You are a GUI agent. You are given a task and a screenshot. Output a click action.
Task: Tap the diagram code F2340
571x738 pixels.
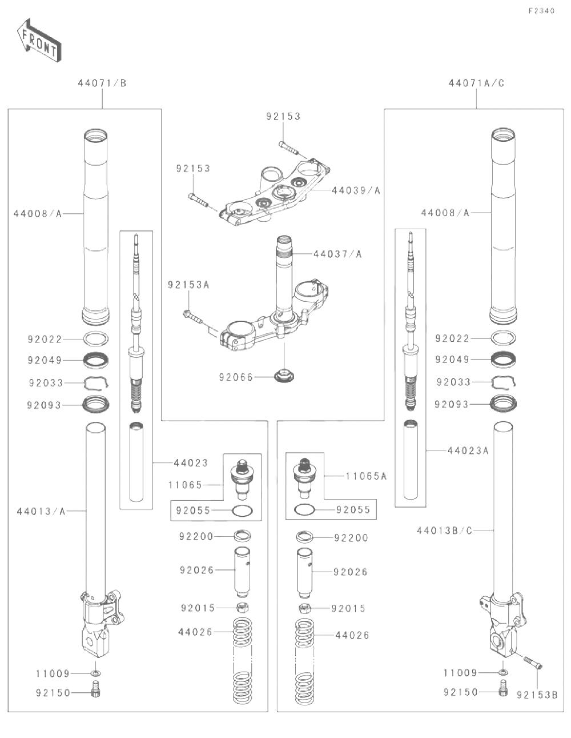point(541,11)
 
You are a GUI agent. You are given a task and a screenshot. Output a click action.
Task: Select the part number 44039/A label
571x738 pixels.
point(356,190)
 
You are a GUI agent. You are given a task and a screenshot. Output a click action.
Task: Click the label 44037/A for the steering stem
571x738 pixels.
point(337,253)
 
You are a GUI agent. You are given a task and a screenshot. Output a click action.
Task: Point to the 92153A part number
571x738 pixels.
point(188,284)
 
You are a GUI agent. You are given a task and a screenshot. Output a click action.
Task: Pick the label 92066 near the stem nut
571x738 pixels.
point(235,377)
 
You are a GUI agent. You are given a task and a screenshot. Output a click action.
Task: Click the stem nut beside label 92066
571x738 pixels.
point(283,377)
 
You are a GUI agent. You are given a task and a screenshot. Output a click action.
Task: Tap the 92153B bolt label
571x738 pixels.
point(537,695)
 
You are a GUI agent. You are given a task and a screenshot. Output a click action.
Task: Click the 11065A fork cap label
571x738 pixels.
point(366,476)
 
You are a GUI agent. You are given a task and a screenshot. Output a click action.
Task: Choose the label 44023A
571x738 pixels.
point(468,450)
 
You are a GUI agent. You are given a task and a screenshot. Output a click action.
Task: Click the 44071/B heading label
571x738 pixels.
point(102,83)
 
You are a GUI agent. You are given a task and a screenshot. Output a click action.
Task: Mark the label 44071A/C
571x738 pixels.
point(476,83)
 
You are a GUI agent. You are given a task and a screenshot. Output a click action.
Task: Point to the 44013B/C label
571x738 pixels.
point(444,530)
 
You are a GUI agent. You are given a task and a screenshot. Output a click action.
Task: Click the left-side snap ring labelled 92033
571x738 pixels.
point(96,382)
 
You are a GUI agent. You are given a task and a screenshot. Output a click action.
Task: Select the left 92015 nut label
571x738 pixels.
point(198,608)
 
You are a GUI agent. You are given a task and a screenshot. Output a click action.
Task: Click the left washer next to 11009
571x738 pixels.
point(95,673)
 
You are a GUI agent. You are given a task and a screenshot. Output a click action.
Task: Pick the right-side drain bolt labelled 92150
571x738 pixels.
point(503,689)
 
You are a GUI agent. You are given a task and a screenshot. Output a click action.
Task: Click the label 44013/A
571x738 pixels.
point(41,511)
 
